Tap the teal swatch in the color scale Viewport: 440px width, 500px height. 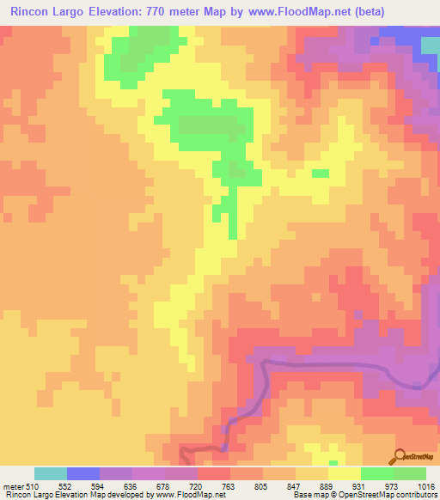(x=51, y=473)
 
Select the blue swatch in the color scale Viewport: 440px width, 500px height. (x=83, y=473)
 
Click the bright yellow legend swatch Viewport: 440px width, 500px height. (x=344, y=473)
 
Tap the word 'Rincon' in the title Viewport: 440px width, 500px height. (x=33, y=12)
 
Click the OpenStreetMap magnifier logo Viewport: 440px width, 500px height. (x=400, y=456)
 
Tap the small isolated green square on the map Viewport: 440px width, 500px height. (x=320, y=174)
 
